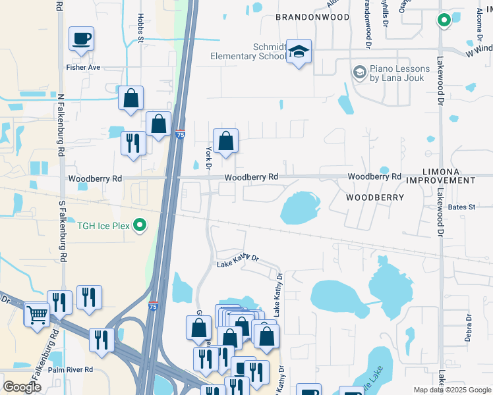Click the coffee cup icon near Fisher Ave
coord(81,39)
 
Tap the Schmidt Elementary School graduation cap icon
coord(299,52)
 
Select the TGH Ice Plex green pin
coord(139,226)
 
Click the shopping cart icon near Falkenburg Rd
coord(37,314)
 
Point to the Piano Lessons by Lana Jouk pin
coord(359,71)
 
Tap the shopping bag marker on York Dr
coord(225,141)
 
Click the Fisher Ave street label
coord(82,67)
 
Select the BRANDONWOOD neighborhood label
coord(312,16)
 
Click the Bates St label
coord(461,207)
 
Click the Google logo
coord(22,387)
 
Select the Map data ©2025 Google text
coord(452,390)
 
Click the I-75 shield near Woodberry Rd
coord(180,135)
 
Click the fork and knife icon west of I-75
coord(133,143)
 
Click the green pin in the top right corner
coord(444,20)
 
